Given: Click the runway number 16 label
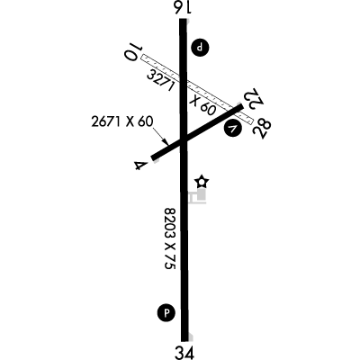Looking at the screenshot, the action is click(183, 7).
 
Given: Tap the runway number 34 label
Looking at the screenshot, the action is click(184, 353).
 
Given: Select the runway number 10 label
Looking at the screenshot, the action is click(132, 51).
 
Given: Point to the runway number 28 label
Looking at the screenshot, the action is click(262, 129).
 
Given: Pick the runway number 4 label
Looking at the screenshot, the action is click(140, 166).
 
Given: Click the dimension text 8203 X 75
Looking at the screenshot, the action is click(170, 238).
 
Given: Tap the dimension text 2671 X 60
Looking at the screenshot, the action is click(122, 122).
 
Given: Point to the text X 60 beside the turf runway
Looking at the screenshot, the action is click(203, 104).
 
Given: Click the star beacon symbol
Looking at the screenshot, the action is click(202, 182).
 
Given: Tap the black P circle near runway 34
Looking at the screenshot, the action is click(166, 313).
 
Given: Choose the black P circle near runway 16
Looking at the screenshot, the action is click(201, 48).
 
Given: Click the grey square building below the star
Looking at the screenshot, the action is click(202, 194).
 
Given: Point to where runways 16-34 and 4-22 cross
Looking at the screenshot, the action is click(184, 139).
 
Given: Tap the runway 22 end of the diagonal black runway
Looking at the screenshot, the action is click(241, 108).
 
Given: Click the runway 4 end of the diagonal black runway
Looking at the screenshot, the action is click(153, 157).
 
